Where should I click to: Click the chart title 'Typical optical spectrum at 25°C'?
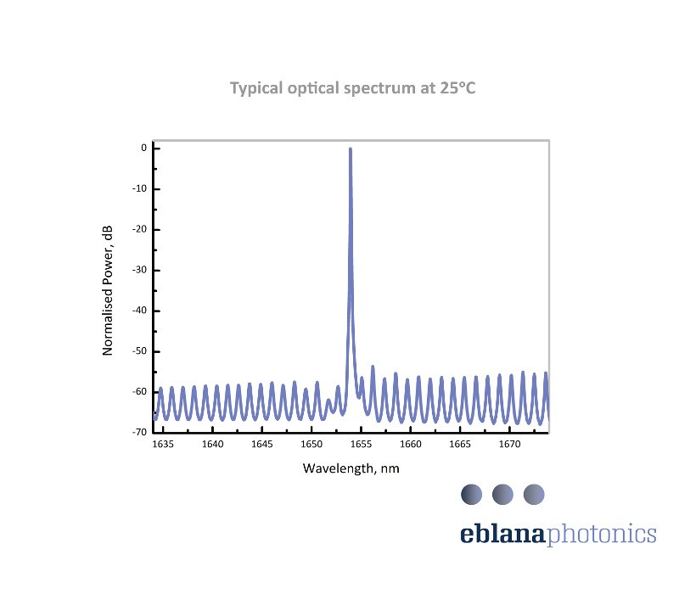352,88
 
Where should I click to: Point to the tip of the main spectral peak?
350,149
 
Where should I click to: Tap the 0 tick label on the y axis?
144,148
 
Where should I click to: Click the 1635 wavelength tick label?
163,445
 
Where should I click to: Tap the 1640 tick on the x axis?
212,445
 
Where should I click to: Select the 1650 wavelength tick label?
311,445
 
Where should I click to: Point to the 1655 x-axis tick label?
361,445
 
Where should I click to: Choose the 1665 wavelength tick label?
460,445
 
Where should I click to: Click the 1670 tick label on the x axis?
509,445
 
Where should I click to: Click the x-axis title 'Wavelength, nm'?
351,468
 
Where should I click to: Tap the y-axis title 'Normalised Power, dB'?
108,289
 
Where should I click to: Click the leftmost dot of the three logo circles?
471,494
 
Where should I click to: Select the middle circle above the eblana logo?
502,494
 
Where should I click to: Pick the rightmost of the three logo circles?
533,494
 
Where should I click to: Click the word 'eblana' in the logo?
504,534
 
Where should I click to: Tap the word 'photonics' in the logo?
603,535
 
